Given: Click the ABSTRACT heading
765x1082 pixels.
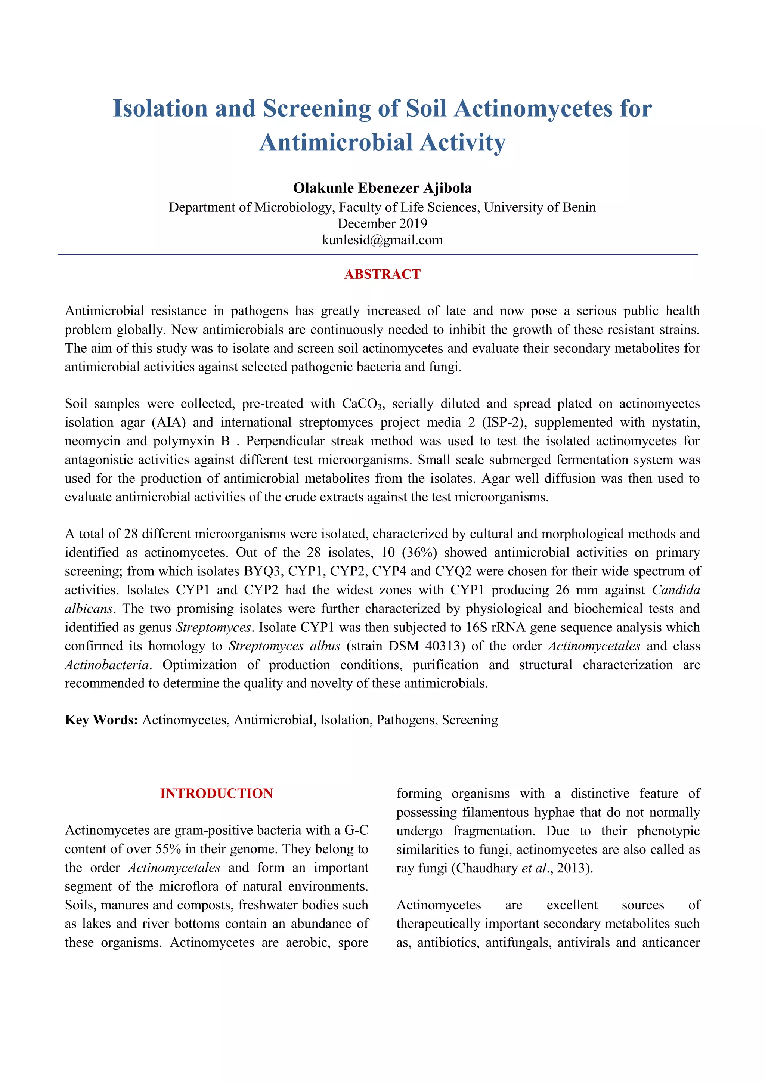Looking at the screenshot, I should pyautogui.click(x=382, y=274).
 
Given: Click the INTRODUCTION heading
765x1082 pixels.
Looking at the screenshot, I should pyautogui.click(x=216, y=793).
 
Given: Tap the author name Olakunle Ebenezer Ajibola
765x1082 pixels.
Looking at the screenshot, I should pyautogui.click(x=382, y=188).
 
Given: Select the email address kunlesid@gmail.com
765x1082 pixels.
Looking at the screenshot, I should pyautogui.click(x=382, y=240).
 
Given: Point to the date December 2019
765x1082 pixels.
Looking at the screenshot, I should pyautogui.click(x=382, y=223).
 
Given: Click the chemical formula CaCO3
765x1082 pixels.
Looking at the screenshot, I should pyautogui.click(x=363, y=404).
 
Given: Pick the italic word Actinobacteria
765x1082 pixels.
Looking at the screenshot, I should pyautogui.click(x=107, y=665).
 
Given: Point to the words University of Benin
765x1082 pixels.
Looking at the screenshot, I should pyautogui.click(x=540, y=207).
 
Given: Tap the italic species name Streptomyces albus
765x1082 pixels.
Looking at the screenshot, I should pyautogui.click(x=285, y=646).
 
